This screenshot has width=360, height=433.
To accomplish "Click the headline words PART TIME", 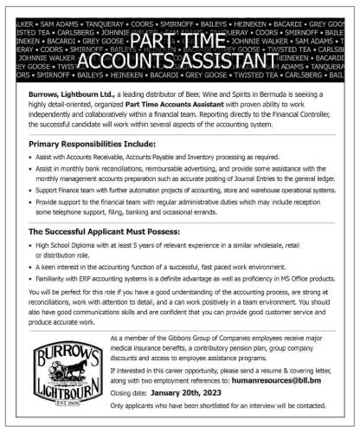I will click(x=180, y=42).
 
